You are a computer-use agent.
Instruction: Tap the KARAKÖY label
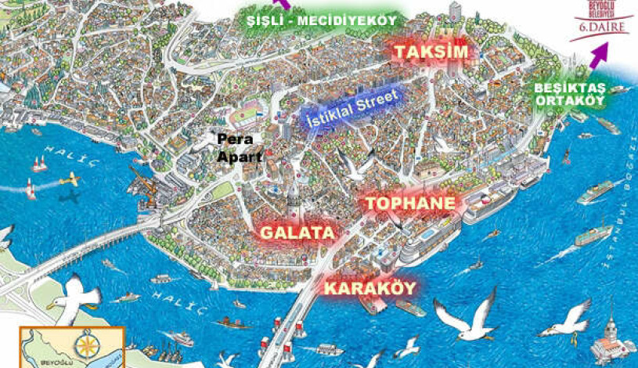click(x=369, y=288)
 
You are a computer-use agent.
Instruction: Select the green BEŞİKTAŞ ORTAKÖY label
click(x=569, y=95)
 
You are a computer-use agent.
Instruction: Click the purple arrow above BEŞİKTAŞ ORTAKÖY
click(x=599, y=56)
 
